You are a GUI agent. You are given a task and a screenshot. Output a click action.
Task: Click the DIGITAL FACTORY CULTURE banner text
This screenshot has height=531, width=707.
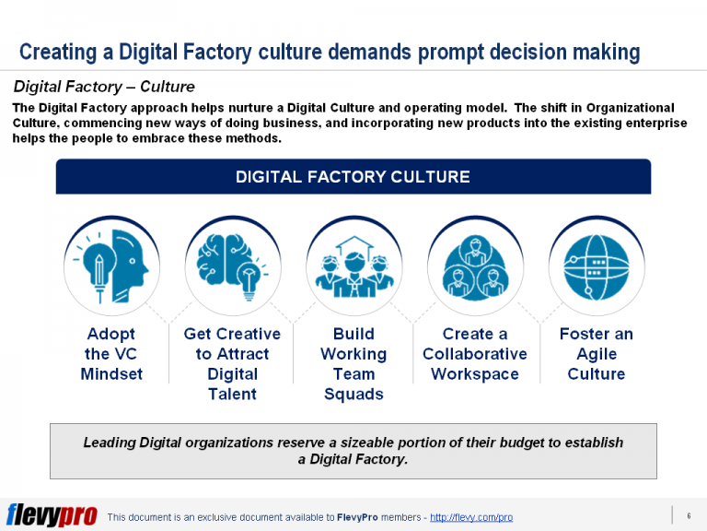click(353, 177)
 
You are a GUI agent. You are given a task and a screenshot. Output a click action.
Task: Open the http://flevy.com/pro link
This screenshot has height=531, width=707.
click(471, 517)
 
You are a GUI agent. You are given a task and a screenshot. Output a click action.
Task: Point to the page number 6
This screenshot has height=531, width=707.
click(689, 515)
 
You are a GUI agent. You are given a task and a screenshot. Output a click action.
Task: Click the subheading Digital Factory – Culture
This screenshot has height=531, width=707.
click(103, 87)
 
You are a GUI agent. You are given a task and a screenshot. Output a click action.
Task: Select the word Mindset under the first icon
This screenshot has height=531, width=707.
click(110, 374)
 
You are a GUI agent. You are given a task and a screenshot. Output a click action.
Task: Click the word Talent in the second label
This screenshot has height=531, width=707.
click(232, 395)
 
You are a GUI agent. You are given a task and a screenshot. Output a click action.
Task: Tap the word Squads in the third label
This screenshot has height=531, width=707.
click(353, 395)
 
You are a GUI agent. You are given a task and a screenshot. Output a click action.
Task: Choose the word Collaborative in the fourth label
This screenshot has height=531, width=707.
click(475, 354)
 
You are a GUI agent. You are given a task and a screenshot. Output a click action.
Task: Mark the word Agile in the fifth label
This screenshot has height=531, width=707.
click(596, 354)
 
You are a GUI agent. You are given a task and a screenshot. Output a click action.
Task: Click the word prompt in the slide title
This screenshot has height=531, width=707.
click(453, 52)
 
